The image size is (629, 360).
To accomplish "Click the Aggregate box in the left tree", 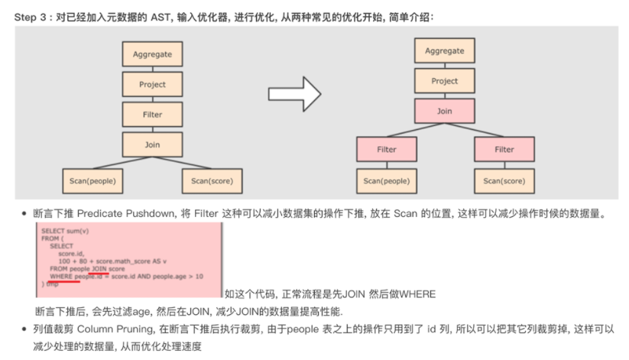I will [x=152, y=54].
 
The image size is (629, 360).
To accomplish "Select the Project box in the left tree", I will [x=152, y=85].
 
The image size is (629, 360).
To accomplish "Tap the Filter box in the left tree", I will [x=152, y=115].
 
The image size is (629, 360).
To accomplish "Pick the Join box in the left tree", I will [x=152, y=144].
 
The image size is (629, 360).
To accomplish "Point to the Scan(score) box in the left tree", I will [x=212, y=181].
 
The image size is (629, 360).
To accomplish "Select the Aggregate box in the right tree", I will [x=443, y=51].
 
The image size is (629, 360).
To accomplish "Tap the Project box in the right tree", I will [x=443, y=81].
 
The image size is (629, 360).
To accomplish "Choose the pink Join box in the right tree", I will [x=443, y=111].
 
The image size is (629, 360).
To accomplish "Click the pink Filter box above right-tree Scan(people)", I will [x=386, y=149].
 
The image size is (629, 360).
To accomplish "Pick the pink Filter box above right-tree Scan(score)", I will [x=504, y=149].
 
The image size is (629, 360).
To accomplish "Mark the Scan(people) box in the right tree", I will [x=386, y=181].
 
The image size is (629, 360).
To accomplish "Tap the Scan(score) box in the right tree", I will [x=504, y=181].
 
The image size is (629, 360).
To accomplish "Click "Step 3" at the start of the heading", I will [x=30, y=12].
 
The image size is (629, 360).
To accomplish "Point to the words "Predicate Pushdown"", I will [x=113, y=215].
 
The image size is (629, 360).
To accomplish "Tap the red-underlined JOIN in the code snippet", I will [x=99, y=269].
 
